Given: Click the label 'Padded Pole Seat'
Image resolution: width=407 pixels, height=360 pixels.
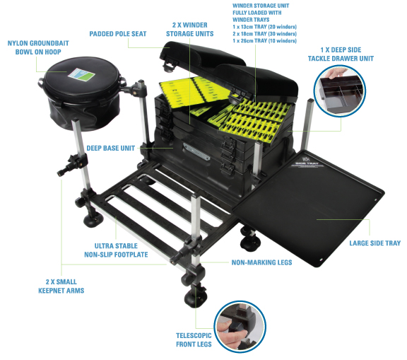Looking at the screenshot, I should coord(117,34).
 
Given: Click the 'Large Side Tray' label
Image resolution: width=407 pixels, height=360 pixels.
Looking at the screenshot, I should coord(374,244).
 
